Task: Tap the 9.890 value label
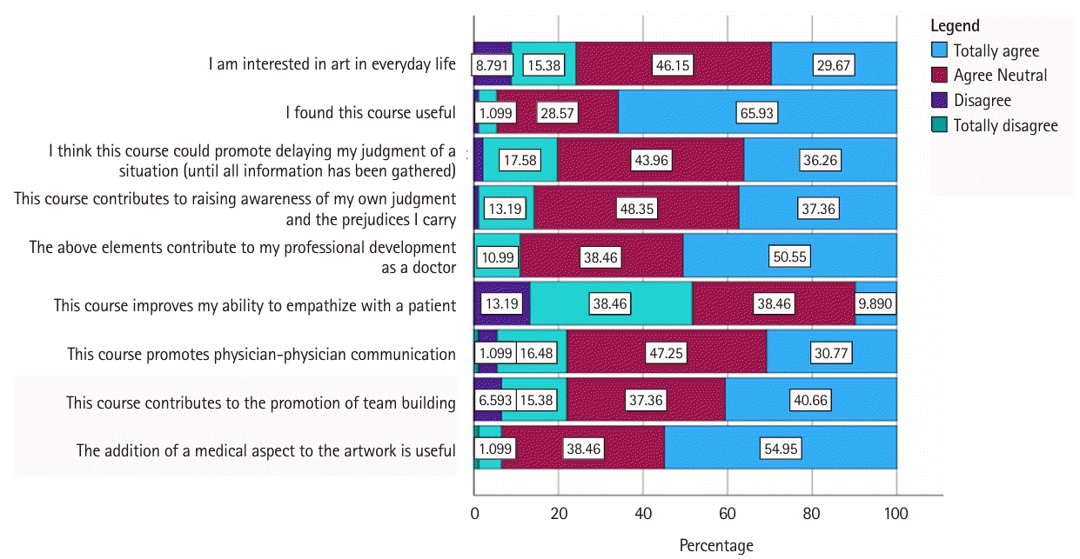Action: click(x=876, y=305)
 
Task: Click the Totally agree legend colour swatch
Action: click(x=940, y=50)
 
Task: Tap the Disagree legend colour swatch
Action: click(x=940, y=100)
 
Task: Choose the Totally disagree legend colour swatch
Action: click(x=940, y=125)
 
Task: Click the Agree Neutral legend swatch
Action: click(x=940, y=75)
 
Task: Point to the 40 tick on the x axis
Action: click(x=643, y=514)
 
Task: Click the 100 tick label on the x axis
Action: click(x=896, y=514)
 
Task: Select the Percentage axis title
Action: click(x=715, y=546)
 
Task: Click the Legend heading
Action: click(x=955, y=26)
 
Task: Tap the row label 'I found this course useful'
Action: click(x=371, y=112)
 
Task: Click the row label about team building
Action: click(x=261, y=403)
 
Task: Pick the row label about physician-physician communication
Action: click(x=262, y=354)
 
